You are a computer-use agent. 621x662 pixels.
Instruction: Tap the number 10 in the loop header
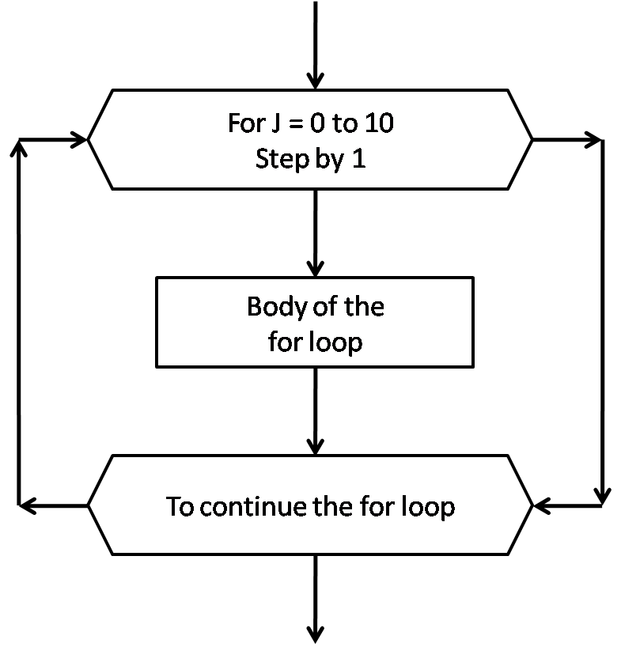tap(377, 124)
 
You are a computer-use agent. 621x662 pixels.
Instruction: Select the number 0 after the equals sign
tap(320, 124)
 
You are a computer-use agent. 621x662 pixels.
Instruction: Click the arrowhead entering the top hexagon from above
tap(316, 81)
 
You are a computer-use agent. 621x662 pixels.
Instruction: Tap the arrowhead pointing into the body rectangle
tap(316, 267)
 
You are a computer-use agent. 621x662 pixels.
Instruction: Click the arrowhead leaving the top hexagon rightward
tap(594, 140)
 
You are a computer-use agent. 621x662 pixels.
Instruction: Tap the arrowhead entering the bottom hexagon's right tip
tap(543, 503)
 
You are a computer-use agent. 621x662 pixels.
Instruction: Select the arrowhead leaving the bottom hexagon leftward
tap(27, 503)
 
